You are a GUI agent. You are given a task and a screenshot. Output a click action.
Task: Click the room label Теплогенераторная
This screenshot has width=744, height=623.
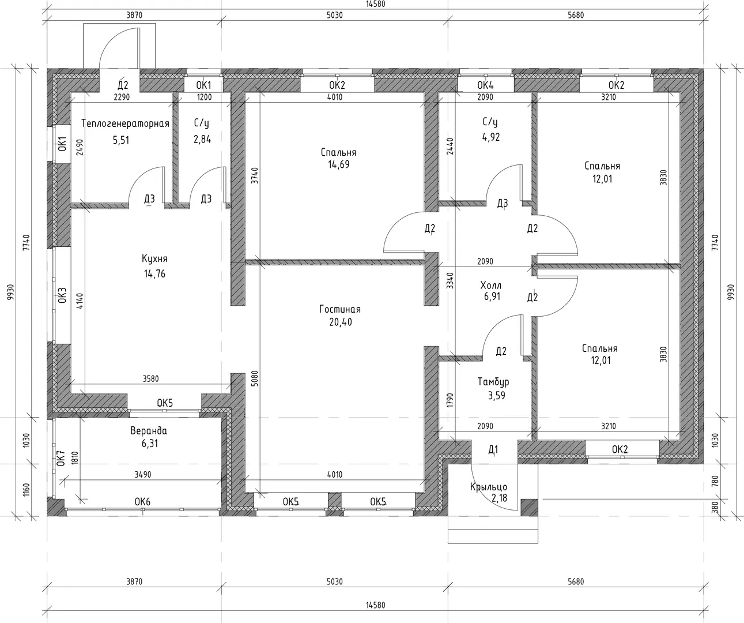click(x=125, y=124)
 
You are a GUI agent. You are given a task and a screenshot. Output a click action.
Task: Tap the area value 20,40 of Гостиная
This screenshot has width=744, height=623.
click(x=341, y=322)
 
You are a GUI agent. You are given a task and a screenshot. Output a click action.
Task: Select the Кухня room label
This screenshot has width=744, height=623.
click(x=154, y=258)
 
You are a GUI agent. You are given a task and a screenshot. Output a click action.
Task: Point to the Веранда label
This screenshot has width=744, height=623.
click(x=149, y=431)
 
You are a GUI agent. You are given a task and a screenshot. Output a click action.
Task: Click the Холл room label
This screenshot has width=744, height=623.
click(x=490, y=286)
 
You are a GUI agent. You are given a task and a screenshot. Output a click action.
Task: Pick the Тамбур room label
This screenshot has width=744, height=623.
click(x=493, y=382)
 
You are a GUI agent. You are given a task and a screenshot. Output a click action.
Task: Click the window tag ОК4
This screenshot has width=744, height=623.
click(x=485, y=85)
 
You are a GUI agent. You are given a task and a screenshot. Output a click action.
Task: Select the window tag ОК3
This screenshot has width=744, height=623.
click(x=62, y=295)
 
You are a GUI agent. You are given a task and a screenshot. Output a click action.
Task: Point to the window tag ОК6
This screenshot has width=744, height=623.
click(x=142, y=502)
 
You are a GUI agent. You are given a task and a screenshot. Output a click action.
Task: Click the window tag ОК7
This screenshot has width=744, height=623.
click(x=61, y=458)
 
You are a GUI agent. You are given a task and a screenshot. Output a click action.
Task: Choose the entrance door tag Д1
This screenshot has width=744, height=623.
click(x=493, y=450)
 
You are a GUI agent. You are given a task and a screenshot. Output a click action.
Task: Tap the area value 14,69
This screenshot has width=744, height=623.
click(x=339, y=164)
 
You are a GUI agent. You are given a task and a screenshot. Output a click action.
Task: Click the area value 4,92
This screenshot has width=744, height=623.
click(x=491, y=137)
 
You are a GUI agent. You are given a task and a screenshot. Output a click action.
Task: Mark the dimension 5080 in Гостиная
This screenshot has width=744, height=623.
click(x=254, y=378)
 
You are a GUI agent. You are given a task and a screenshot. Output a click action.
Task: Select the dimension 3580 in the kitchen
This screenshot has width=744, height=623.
click(x=151, y=379)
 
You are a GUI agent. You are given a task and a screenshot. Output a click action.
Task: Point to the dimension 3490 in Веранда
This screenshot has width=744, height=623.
click(x=143, y=475)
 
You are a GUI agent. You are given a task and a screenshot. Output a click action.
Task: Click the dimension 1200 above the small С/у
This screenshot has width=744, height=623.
click(x=204, y=97)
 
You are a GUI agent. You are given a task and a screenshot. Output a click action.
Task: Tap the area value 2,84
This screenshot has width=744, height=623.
click(x=202, y=138)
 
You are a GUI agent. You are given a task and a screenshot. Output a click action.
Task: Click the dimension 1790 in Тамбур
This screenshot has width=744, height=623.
click(x=450, y=400)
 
